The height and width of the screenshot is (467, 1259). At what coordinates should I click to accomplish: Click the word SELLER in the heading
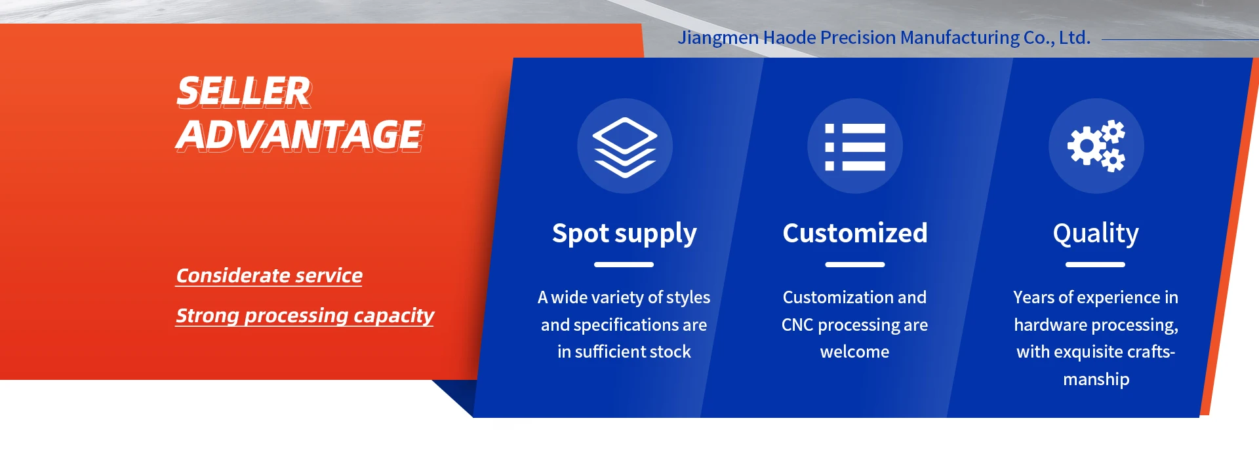click(x=243, y=91)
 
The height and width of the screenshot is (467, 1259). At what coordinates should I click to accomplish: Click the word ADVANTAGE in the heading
click(x=300, y=136)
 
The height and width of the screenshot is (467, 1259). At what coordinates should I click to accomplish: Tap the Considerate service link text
click(x=269, y=276)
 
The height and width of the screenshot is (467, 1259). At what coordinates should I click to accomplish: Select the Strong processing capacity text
click(x=305, y=316)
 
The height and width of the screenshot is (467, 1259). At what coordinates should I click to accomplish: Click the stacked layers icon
click(x=624, y=147)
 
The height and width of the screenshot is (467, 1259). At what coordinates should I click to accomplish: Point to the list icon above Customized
click(x=855, y=147)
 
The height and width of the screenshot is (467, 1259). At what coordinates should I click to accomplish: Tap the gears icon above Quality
click(x=1096, y=146)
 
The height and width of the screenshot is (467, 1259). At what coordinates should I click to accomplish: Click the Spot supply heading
click(x=624, y=234)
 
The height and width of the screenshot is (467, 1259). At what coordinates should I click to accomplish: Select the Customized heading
click(x=855, y=233)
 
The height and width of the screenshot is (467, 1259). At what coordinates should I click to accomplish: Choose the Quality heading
click(x=1096, y=234)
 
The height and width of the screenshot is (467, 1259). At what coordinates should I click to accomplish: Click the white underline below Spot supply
click(x=624, y=265)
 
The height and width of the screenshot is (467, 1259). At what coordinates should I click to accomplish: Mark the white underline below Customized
click(x=855, y=265)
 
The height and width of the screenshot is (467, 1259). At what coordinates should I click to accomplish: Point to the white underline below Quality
click(x=1095, y=265)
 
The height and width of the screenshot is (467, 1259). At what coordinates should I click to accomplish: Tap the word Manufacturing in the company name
click(x=960, y=38)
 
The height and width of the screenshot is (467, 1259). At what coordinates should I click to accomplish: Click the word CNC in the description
click(x=797, y=325)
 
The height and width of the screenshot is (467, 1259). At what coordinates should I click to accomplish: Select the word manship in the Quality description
click(x=1096, y=379)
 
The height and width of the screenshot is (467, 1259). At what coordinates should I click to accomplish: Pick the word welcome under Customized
click(x=855, y=352)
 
